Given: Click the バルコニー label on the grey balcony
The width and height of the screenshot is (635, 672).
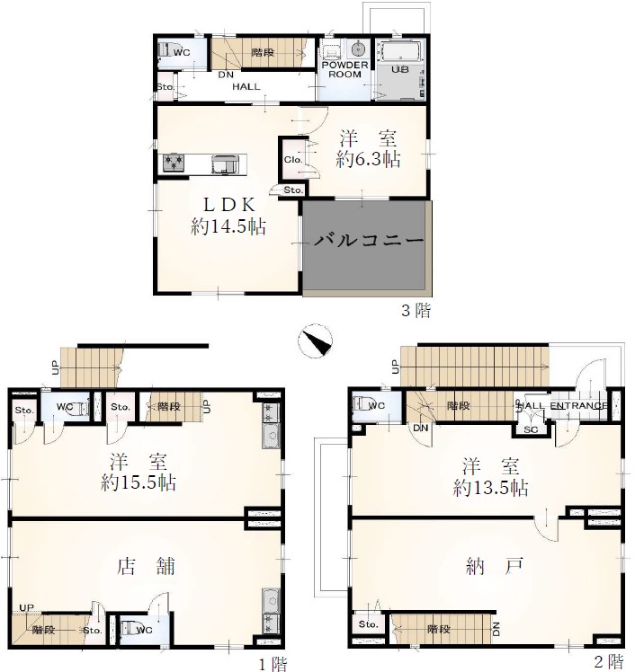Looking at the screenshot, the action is (369, 240).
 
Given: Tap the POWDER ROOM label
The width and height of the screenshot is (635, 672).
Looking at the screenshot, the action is (345, 69).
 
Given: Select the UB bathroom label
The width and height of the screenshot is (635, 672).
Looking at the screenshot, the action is (400, 69).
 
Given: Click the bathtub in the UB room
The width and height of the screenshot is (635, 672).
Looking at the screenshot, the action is (401, 52).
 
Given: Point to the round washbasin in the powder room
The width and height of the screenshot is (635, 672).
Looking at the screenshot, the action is (358, 49).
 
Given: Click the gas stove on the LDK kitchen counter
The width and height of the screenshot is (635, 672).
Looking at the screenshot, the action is (174, 164).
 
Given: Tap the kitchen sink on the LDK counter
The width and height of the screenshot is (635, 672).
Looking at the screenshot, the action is (224, 164).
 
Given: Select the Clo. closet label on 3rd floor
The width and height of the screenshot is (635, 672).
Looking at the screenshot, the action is (293, 159).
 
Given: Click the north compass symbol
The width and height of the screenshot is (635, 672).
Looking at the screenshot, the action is (316, 340).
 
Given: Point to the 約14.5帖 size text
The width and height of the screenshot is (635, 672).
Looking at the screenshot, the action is (228, 226).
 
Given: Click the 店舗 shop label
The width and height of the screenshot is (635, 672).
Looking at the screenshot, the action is (146, 566).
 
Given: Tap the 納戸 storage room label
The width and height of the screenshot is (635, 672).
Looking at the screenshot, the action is (495, 566).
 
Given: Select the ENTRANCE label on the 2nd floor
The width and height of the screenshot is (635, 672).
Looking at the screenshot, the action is (579, 405).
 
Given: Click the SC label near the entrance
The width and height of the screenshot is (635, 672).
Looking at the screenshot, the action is (531, 429).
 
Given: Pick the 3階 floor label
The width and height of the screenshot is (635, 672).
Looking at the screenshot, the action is (416, 310).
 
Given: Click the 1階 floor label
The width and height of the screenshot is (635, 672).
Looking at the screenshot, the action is (273, 664).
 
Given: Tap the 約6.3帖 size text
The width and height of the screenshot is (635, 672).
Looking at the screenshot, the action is (369, 159).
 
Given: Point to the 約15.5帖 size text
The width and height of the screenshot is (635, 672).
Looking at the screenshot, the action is (139, 482).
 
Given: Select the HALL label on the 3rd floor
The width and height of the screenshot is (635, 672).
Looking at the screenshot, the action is (246, 86).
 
